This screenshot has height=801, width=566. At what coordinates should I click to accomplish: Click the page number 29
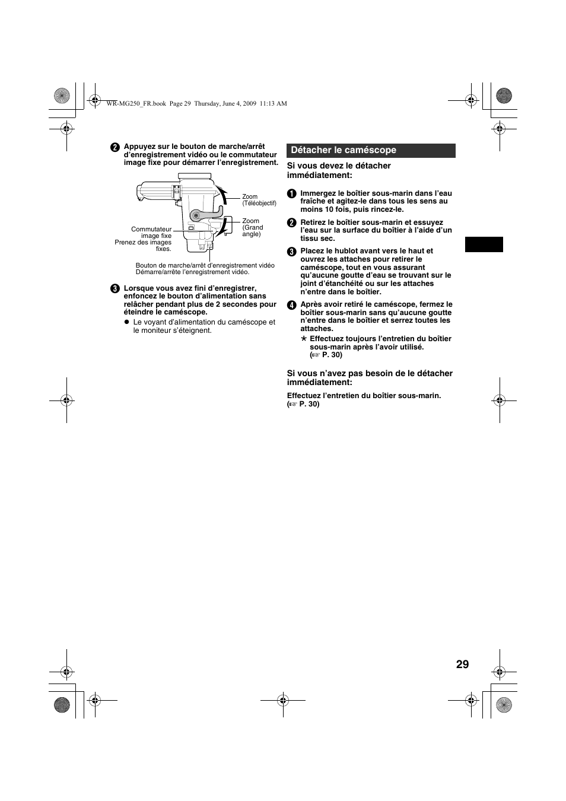[462, 664]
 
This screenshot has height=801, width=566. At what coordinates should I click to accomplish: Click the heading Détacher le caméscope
[344, 150]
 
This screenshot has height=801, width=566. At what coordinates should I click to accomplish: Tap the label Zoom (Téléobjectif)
[259, 200]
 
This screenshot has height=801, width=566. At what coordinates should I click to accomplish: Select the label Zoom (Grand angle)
[252, 227]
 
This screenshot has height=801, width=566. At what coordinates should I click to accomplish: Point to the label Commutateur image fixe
[151, 233]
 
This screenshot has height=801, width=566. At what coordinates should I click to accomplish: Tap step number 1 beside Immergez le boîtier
[291, 193]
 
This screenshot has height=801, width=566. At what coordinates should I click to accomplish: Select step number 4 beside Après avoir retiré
[291, 305]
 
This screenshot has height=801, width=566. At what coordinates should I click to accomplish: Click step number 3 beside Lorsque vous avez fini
[115, 289]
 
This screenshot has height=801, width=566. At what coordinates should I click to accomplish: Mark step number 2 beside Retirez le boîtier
[291, 223]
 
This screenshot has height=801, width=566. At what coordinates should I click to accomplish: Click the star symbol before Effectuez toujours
[304, 339]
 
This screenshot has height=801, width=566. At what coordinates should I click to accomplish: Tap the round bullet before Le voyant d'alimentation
[126, 322]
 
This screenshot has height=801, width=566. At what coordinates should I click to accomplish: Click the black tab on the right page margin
[484, 244]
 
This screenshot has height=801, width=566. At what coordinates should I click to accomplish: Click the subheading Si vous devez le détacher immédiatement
[339, 170]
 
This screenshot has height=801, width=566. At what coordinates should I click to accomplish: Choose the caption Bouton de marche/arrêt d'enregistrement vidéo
[205, 265]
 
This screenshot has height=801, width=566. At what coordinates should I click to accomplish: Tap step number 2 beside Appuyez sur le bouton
[115, 147]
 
